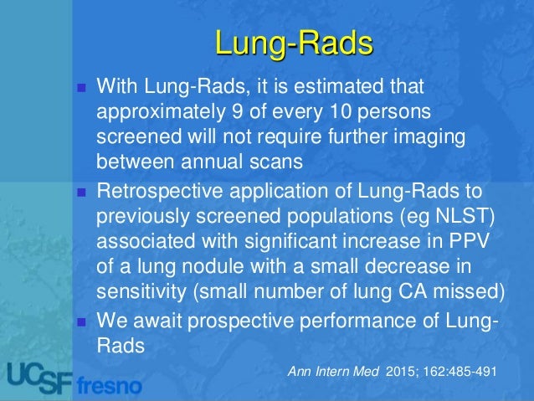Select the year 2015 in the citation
tap(398, 370)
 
